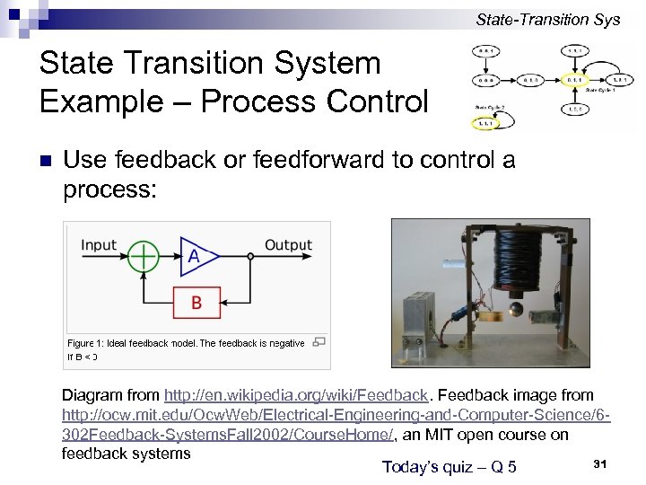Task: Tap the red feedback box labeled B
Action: click(196, 304)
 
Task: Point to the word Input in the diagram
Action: click(99, 245)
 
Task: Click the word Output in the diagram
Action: click(288, 244)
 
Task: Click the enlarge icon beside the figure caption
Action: click(319, 341)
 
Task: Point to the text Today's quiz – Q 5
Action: click(449, 466)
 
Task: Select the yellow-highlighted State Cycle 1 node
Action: click(574, 80)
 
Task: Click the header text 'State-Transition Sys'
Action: click(547, 19)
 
